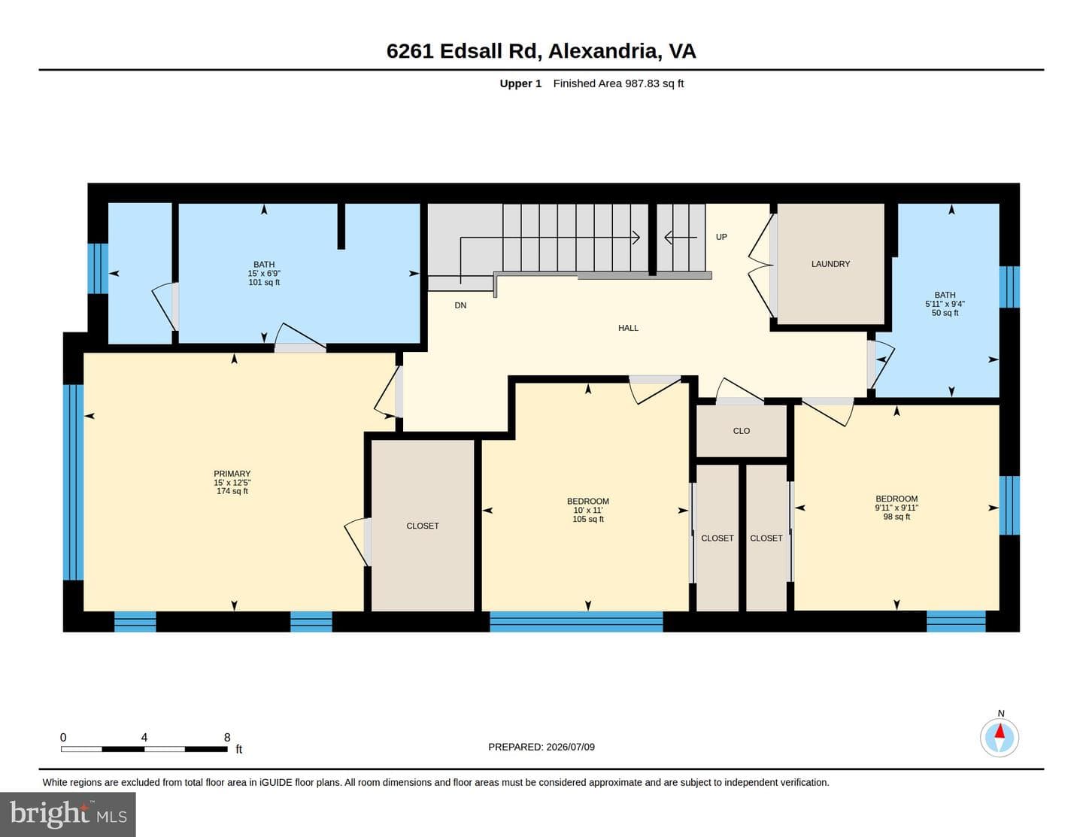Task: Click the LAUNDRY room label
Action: coord(830,264)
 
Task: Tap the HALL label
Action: coord(628,328)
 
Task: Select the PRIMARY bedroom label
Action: coord(232,473)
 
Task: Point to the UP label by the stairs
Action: coord(721,237)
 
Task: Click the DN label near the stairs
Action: coord(460,305)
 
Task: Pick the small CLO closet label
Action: coord(741,431)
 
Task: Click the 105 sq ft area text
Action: coord(588,519)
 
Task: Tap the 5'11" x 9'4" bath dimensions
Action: coord(945,304)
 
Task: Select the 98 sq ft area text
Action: coord(896,517)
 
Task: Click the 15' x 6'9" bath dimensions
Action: coord(264,274)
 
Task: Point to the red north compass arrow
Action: coord(1000,731)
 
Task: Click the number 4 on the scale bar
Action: coord(144,737)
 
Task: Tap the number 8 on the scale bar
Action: coord(227,737)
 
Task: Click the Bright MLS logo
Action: coord(68,814)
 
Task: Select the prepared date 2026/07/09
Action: coord(570,747)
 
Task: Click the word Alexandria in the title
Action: coord(605,51)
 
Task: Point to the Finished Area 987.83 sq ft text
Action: coord(618,83)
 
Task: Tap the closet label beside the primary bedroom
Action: coord(422,526)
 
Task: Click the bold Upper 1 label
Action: coord(520,83)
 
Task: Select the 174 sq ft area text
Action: coord(232,491)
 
